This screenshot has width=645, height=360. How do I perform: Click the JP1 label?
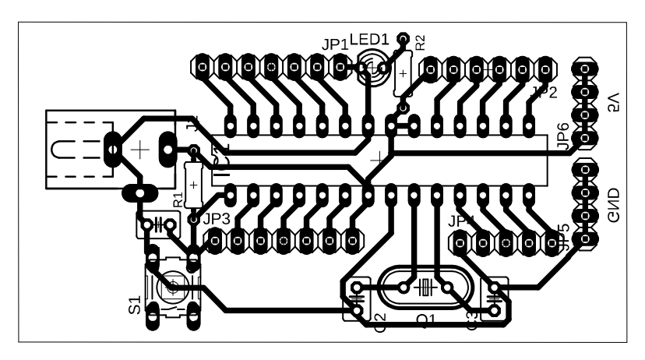pos(335,45)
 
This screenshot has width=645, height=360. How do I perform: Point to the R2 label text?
pos(421,43)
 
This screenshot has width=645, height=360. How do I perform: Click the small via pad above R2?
pos(403,37)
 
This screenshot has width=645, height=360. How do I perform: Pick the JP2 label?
pos(543,93)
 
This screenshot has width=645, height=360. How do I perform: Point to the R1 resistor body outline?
pos(192,183)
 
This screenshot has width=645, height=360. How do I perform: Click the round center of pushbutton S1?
pos(173,286)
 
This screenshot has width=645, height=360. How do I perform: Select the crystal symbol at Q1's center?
pos(425,287)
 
